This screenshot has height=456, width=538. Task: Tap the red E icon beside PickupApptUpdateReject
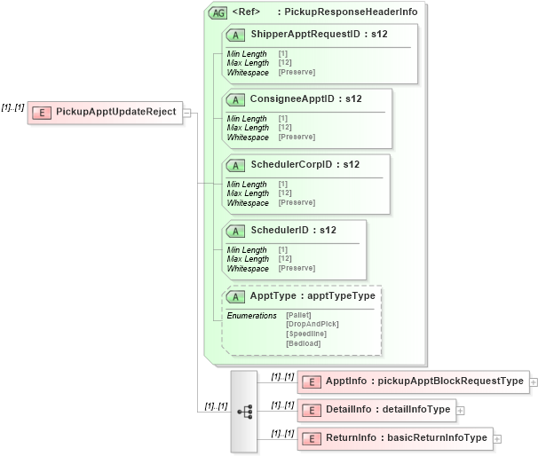[41, 113]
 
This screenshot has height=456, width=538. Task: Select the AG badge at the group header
[217, 12]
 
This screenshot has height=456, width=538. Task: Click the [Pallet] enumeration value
[300, 315]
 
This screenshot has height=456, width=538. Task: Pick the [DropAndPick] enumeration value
[312, 324]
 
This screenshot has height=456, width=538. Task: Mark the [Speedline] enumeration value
[305, 334]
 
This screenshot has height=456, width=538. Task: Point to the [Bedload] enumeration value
[303, 343]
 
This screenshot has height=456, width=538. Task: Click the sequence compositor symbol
[243, 411]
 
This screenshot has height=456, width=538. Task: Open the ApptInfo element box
[413, 381]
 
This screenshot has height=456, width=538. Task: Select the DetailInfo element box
[376, 409]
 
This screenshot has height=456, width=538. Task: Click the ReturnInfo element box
[394, 437]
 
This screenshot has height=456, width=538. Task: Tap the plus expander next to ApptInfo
[534, 382]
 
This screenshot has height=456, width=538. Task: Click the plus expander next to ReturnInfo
[497, 438]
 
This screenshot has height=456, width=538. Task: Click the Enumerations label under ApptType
[251, 315]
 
